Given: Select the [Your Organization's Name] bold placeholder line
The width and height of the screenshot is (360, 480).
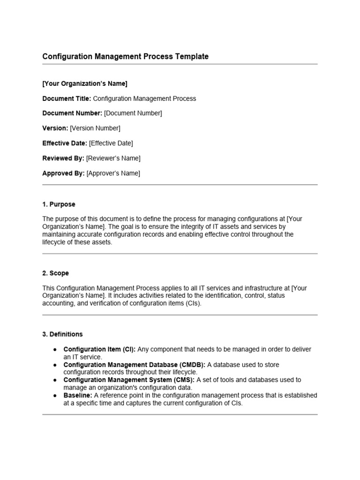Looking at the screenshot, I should point(85,84).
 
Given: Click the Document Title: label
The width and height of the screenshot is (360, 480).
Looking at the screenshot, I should point(67,99).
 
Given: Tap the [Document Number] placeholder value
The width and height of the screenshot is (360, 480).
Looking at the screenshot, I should point(133,113).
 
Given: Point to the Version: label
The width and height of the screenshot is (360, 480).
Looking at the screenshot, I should point(55,128).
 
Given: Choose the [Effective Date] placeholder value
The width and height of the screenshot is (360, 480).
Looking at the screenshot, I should point(111,143).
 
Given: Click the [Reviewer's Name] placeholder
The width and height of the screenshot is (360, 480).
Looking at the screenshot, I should point(113,158).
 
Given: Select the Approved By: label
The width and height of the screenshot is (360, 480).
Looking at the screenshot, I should point(63,173).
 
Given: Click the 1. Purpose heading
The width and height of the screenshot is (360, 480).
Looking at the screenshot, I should point(59,205).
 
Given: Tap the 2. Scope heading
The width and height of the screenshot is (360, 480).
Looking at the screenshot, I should point(55,273).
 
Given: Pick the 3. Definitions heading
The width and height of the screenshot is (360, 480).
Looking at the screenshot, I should point(62,334).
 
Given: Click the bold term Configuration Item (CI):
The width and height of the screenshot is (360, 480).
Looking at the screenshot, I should point(99,350).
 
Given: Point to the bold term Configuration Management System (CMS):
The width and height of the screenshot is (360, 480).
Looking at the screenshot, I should point(129,380).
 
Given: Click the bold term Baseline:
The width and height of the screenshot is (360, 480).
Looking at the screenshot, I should point(78,396).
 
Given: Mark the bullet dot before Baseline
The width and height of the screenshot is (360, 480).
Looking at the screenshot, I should point(55,396).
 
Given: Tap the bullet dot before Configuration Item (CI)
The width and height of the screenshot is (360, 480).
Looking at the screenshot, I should point(55,350).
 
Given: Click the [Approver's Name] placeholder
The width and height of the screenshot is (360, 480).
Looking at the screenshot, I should point(113,173).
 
